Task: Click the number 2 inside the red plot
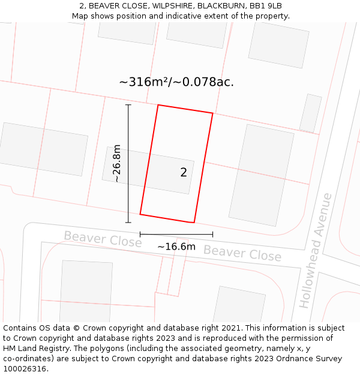184,173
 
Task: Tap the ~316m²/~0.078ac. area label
176,82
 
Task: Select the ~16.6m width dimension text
176,247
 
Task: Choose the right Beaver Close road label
242,253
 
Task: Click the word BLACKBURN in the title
209,6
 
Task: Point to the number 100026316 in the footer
25,369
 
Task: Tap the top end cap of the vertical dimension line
128,105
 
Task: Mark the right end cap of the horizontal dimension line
212,234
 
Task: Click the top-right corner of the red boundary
212,113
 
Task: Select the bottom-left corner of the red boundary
140,214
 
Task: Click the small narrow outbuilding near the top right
311,113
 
